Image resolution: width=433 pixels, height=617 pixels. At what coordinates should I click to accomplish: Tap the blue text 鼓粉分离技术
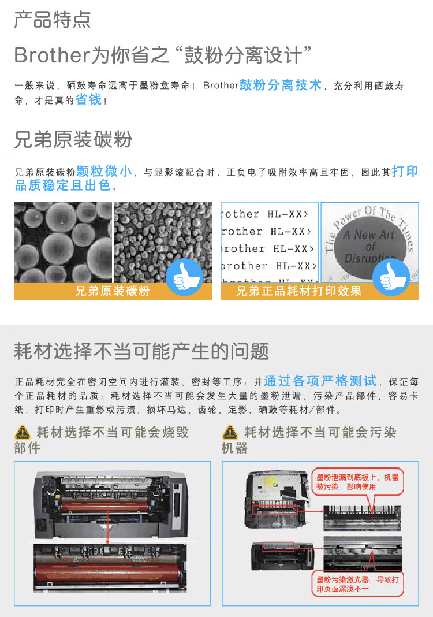281,85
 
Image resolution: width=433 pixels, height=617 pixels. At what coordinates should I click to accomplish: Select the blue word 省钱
88,99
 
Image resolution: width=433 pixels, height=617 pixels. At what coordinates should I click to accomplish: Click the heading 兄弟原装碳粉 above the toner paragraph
73,139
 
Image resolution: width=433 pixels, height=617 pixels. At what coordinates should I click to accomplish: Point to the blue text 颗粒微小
104,171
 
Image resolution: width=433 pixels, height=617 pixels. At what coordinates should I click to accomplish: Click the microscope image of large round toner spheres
63,241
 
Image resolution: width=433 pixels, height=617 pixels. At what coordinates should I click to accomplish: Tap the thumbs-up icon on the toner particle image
184,277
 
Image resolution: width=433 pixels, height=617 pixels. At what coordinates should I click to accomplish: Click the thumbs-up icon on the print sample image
391,277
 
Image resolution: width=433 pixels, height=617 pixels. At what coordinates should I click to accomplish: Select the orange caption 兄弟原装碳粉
113,291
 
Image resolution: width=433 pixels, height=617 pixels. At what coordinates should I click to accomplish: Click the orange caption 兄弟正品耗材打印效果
299,291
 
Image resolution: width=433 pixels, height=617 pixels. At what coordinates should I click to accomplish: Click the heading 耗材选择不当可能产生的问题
141,351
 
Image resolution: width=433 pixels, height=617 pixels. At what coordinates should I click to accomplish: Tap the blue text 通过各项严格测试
320,381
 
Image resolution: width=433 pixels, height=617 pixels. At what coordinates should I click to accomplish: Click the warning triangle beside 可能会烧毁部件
23,432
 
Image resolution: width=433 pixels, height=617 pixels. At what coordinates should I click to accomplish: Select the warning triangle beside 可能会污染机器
230,432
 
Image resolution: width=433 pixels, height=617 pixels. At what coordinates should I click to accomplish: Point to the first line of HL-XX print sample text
269,214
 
